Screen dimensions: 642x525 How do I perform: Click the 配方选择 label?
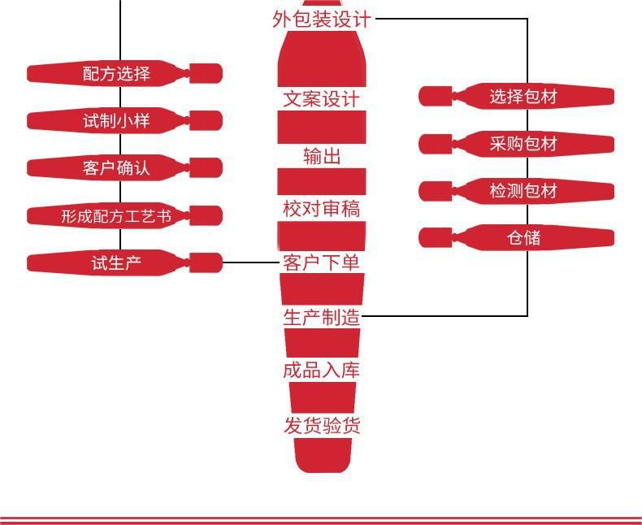point(117,74)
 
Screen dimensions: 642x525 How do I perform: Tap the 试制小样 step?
point(117,121)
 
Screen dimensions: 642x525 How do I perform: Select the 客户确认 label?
point(117,168)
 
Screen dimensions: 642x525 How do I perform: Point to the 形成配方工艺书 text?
point(116,216)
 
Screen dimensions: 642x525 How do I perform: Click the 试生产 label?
point(117,263)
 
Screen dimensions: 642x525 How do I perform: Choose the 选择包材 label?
point(523,97)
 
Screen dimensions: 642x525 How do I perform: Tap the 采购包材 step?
point(523,144)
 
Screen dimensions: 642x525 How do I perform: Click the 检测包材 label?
point(523,191)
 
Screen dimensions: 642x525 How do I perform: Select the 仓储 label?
point(523,238)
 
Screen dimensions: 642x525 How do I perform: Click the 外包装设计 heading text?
point(322,20)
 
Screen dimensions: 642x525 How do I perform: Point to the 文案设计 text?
point(322,99)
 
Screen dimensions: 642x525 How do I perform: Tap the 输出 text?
point(322,156)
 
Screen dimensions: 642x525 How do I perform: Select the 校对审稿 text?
point(322,208)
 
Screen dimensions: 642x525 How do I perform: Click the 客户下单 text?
point(322,262)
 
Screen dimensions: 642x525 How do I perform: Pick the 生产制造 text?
point(322,318)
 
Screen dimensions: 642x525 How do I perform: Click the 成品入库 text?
point(322,371)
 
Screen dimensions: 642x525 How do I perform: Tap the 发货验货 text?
point(322,425)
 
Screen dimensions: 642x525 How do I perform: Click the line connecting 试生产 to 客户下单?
point(250,262)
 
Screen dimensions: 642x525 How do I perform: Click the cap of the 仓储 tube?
point(436,238)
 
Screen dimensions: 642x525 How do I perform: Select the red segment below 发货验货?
point(323,455)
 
